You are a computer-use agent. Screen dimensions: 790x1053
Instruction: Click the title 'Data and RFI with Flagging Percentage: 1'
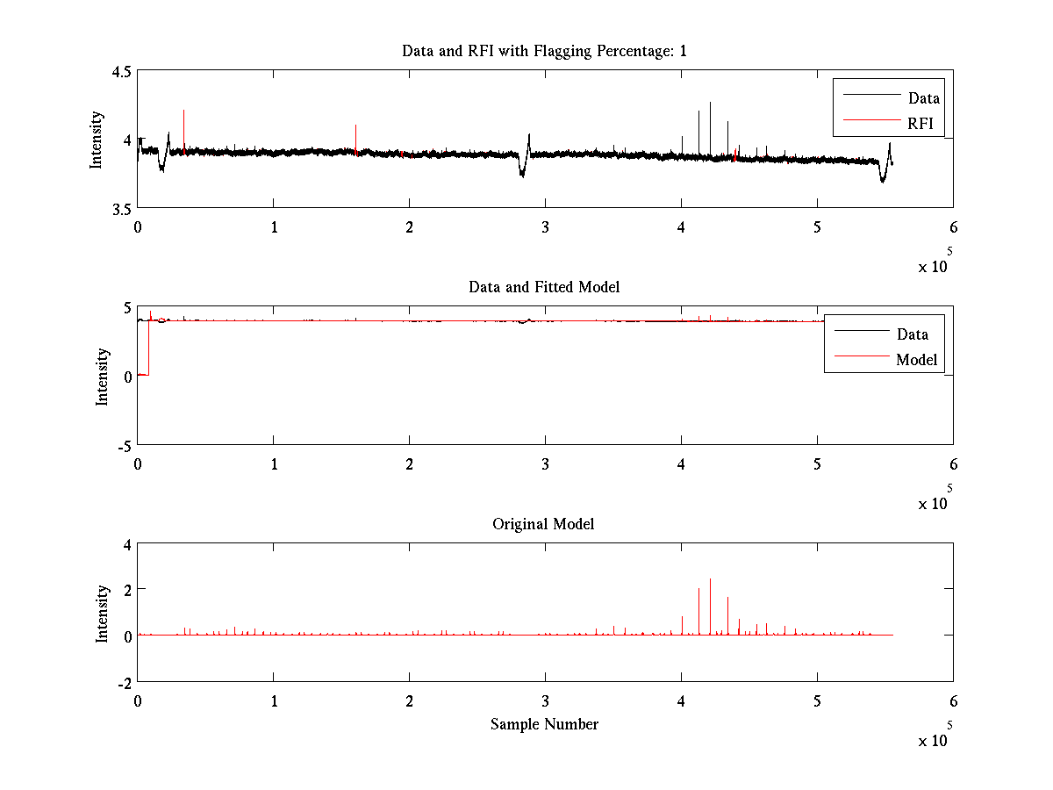click(x=544, y=51)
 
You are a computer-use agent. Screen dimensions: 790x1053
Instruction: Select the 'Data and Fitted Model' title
click(x=544, y=287)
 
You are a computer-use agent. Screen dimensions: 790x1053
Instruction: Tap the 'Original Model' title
click(x=543, y=524)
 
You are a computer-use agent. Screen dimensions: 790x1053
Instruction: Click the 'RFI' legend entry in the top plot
click(x=920, y=124)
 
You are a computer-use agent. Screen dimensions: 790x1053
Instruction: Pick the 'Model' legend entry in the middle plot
click(x=916, y=359)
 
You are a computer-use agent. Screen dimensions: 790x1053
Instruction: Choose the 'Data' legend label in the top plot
click(x=924, y=98)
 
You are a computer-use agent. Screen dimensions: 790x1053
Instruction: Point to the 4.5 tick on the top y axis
click(x=121, y=72)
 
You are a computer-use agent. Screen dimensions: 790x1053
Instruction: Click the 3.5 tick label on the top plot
click(x=121, y=209)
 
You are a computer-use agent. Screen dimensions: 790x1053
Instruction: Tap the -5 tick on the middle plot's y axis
click(x=124, y=445)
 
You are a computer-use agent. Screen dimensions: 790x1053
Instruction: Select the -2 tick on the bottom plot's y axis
click(x=124, y=682)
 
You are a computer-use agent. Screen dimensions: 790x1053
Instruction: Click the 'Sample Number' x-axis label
click(x=544, y=724)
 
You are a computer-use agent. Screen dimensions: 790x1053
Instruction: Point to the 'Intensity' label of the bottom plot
click(x=103, y=613)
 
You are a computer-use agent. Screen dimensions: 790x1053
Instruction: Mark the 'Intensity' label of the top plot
click(x=97, y=140)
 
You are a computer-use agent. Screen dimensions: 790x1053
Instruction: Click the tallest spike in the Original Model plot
click(x=710, y=580)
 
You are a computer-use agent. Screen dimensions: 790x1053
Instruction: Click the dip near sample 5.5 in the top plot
click(x=882, y=180)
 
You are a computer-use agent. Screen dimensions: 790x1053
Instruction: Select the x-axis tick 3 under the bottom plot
click(x=545, y=701)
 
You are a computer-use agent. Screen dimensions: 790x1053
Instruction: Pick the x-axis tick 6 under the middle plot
click(x=953, y=464)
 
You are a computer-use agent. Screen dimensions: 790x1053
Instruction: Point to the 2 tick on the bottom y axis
click(x=126, y=589)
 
